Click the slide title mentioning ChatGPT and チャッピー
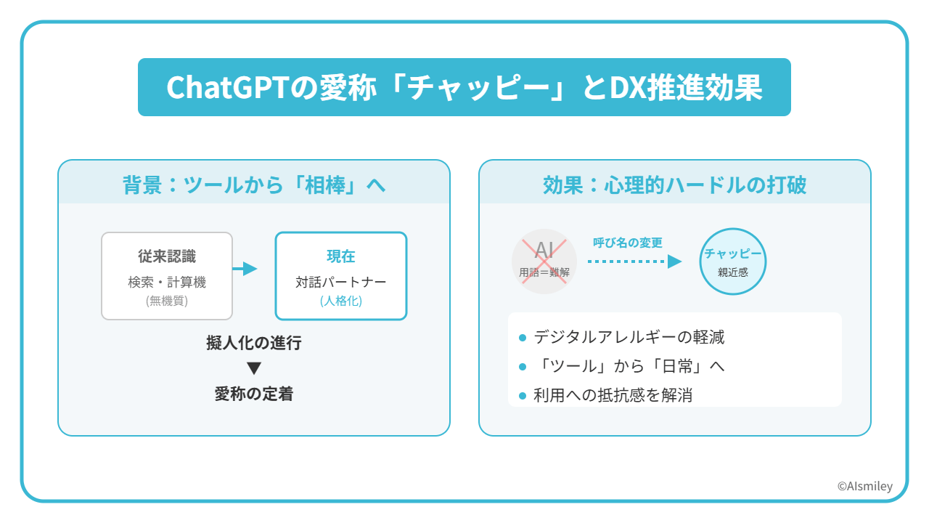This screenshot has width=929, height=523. click(464, 88)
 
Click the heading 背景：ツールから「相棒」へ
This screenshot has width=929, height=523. click(254, 185)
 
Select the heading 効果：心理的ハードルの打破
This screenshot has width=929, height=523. click(674, 185)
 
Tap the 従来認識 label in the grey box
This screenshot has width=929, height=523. click(167, 256)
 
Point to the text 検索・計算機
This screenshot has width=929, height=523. click(167, 283)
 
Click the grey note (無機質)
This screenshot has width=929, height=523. click(167, 301)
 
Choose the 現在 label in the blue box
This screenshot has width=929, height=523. click(340, 256)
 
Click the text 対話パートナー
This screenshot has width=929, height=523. click(340, 283)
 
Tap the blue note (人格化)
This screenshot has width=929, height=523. click(340, 301)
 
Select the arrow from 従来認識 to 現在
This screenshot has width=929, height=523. click(246, 269)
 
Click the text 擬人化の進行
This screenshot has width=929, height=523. click(253, 344)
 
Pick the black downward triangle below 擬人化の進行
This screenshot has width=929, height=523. click(253, 368)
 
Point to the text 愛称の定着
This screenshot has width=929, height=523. click(253, 394)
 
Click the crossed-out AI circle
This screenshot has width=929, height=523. click(544, 261)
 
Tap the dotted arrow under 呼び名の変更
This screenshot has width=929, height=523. click(634, 261)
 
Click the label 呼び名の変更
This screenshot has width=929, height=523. click(628, 243)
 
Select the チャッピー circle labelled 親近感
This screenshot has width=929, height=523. click(732, 261)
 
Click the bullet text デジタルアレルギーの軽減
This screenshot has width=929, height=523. click(629, 337)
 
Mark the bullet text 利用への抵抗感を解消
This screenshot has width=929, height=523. click(613, 395)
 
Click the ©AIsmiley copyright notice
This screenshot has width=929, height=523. click(864, 487)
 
